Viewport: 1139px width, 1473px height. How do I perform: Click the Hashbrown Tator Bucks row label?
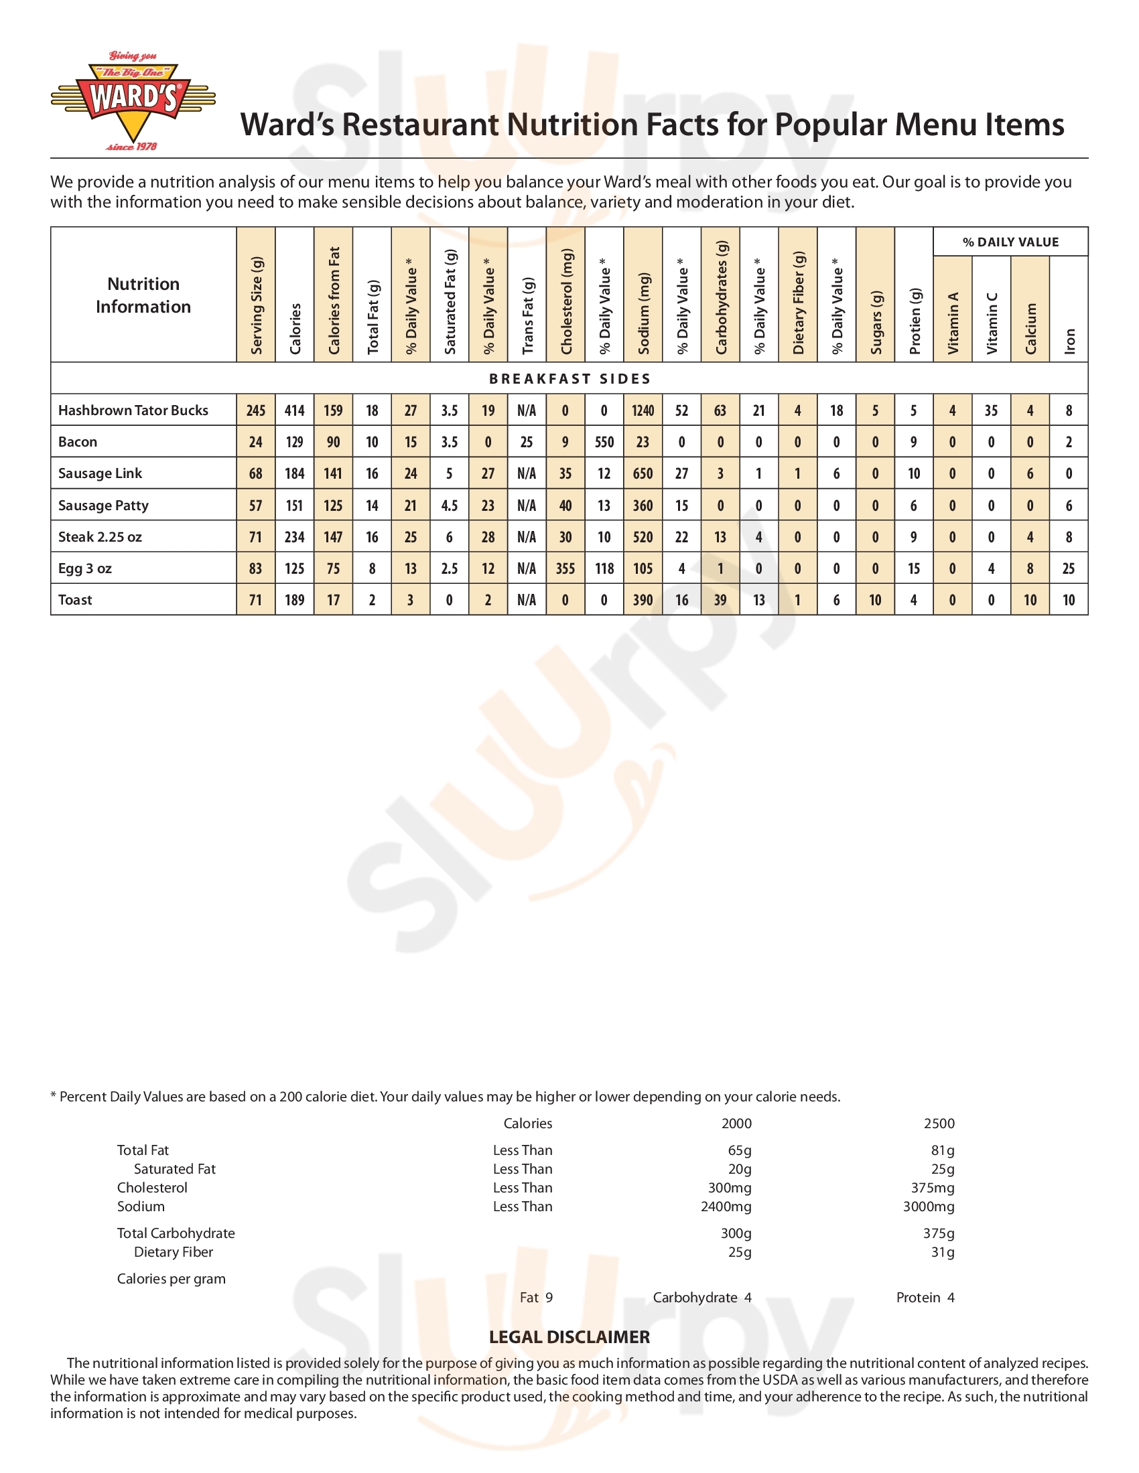[133, 410]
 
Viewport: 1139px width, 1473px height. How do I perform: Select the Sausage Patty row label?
[103, 505]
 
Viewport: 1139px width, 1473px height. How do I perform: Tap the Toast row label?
[75, 600]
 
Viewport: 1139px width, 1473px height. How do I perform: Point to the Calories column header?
[295, 329]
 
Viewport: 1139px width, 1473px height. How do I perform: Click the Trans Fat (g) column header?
[528, 315]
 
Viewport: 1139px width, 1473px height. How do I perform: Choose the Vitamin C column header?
[991, 323]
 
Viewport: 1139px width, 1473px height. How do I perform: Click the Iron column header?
[1069, 341]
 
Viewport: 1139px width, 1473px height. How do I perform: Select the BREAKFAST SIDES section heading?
[569, 378]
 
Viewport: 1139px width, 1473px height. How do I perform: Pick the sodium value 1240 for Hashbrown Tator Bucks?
[643, 410]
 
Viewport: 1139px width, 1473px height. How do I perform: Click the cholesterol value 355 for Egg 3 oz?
[565, 568]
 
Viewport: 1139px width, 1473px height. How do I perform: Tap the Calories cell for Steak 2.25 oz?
[295, 537]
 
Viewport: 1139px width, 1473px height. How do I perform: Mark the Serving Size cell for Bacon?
[256, 442]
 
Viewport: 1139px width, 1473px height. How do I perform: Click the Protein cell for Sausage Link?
[914, 473]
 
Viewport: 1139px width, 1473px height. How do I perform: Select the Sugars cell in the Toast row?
[875, 600]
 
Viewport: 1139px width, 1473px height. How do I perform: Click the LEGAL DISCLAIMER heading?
[569, 1337]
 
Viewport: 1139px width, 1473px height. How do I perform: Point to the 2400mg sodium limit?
[726, 1206]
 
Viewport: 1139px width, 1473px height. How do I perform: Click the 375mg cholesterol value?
[933, 1187]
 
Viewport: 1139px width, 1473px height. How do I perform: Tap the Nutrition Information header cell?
[143, 295]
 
